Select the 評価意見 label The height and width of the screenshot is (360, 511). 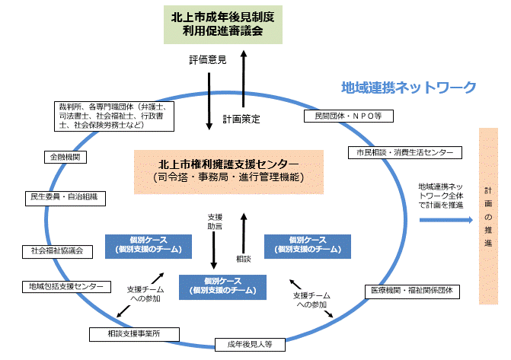click(206, 60)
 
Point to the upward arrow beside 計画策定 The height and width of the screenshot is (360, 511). click(244, 79)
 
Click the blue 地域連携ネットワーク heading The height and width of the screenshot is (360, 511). click(408, 88)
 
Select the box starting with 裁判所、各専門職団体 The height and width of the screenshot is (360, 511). click(114, 115)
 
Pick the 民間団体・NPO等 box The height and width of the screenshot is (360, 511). click(348, 116)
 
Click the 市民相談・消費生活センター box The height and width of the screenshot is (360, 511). click(404, 152)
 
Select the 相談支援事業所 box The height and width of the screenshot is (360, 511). click(134, 334)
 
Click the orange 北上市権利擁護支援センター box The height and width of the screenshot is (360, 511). click(228, 170)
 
